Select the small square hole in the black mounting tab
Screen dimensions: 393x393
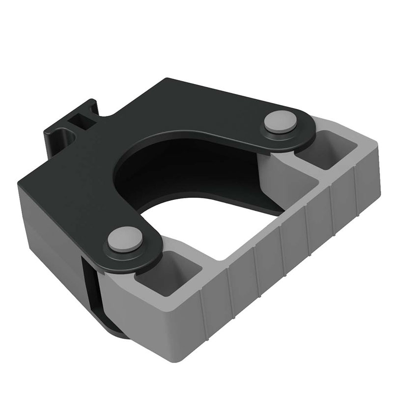pos(77,119)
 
